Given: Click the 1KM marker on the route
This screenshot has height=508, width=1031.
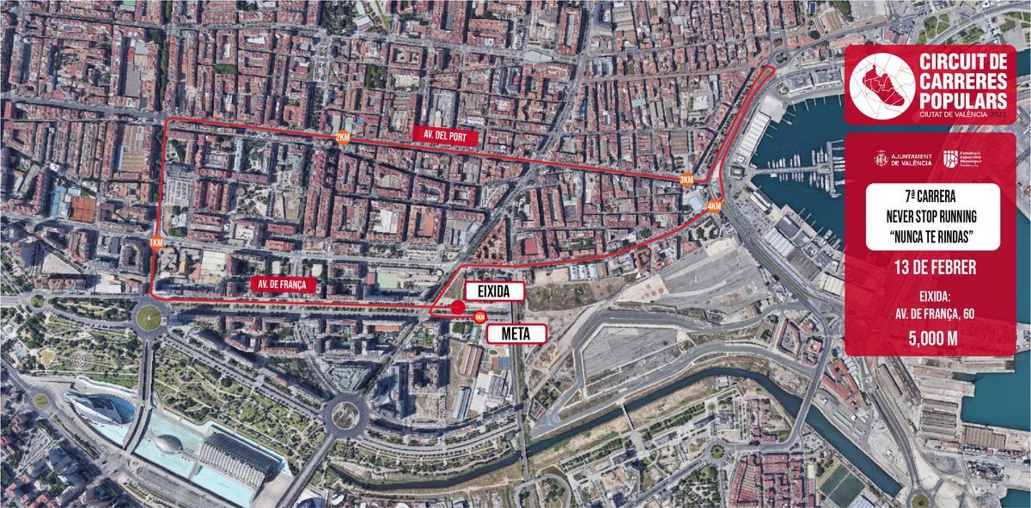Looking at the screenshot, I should click(156, 242).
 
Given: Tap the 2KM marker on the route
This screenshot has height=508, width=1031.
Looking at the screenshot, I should click(343, 138).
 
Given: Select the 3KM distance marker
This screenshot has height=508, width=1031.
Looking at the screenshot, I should click(686, 180).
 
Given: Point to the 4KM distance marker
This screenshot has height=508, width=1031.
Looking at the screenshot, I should click(714, 206).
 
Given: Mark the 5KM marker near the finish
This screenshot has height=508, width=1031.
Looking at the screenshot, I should click(479, 316).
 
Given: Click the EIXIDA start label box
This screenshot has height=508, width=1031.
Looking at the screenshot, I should click(493, 292).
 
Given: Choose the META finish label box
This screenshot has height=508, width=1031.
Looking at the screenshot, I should click(517, 333).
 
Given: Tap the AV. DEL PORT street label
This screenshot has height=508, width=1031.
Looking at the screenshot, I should click(443, 136).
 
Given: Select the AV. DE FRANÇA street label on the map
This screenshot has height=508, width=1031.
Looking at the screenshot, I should click(281, 283).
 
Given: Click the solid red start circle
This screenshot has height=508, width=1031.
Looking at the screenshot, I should click(458, 307).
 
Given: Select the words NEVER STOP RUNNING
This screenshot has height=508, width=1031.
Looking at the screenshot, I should click(932, 217).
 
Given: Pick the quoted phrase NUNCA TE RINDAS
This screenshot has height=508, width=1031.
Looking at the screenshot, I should click(932, 234).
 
